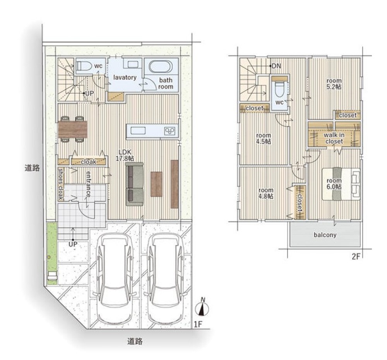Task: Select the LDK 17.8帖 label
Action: pos(125,155)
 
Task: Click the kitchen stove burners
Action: pos(170,131)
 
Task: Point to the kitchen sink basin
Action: pos(138,130)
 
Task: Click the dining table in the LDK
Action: pos(73,129)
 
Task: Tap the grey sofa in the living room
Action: pos(135,184)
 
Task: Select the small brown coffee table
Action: pos(156,184)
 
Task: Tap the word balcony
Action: pos(325,235)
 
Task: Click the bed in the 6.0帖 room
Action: pos(341,184)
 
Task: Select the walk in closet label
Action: pos(334,138)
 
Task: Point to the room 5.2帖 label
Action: pos(334,84)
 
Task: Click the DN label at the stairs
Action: pos(276,66)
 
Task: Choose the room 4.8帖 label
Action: pos(265,193)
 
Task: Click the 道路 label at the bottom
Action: pos(135,341)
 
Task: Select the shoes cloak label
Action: pos(61,184)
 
